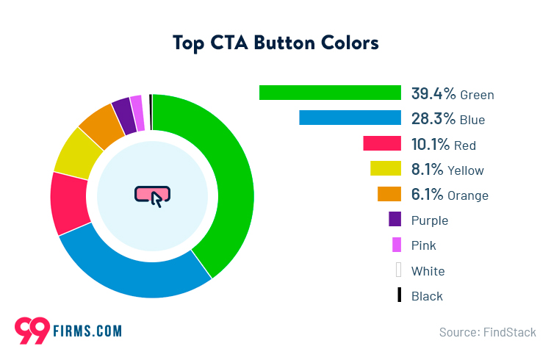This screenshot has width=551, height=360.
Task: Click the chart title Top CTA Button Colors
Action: pyautogui.click(x=275, y=43)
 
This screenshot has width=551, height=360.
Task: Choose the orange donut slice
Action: pyautogui.click(x=101, y=125)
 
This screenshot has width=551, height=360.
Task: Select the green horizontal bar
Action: pyautogui.click(x=330, y=93)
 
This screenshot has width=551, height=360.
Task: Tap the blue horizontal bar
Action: pyautogui.click(x=350, y=118)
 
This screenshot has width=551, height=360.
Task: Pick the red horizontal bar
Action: pyautogui.click(x=382, y=143)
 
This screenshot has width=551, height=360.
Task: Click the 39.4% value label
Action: pyautogui.click(x=433, y=93)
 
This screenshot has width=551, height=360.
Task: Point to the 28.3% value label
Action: pyautogui.click(x=433, y=118)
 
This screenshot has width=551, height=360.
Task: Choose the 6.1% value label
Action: pyautogui.click(x=428, y=195)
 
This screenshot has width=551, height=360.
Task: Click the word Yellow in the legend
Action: pyautogui.click(x=465, y=170)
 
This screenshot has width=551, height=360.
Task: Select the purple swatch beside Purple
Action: pyautogui.click(x=395, y=219)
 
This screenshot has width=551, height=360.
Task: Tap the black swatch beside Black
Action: pyautogui.click(x=399, y=295)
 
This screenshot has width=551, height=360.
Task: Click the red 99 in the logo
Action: pyautogui.click(x=32, y=329)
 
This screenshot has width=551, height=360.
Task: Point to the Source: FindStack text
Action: pyautogui.click(x=487, y=332)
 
